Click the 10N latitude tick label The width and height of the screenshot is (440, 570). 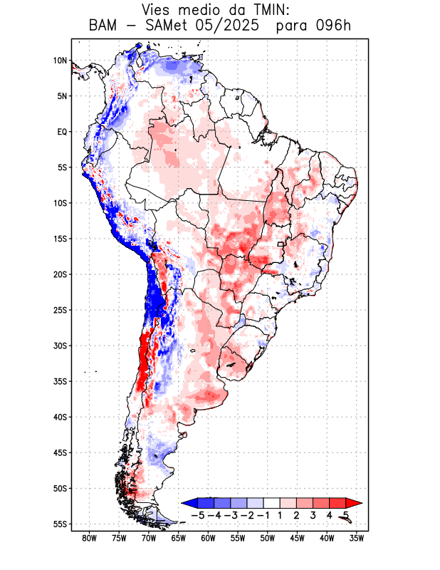click(x=60, y=61)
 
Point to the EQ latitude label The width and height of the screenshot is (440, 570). click(x=61, y=132)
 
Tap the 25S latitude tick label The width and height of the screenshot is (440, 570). click(x=59, y=310)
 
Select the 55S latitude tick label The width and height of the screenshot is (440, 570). click(x=59, y=524)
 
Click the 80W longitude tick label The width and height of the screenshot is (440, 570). click(x=89, y=538)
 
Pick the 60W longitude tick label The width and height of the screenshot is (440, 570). click(x=208, y=538)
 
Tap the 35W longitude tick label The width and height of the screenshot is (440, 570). click(x=357, y=538)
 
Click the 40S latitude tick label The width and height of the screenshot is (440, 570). click(x=59, y=417)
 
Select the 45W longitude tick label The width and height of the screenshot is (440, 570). click(x=298, y=538)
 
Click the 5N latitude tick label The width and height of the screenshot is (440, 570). click(x=61, y=96)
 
